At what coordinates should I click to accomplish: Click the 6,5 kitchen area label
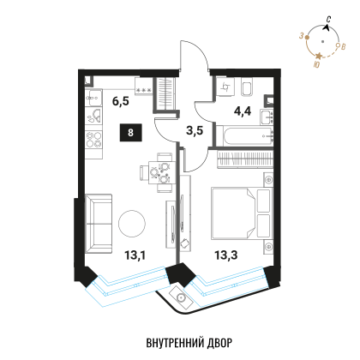click(x=121, y=101)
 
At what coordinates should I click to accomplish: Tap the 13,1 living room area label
click(x=135, y=255)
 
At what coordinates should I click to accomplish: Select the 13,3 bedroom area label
click(x=226, y=255)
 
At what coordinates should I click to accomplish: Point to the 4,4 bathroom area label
click(x=243, y=111)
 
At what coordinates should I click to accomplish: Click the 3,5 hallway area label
click(x=195, y=130)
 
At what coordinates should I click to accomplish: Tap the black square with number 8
click(x=131, y=133)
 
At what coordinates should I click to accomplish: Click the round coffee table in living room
click(x=132, y=223)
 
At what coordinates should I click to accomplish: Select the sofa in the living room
click(x=99, y=224)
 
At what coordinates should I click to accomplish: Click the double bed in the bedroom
click(x=242, y=213)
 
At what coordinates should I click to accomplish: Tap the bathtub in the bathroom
click(x=244, y=136)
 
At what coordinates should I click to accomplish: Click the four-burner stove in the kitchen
click(x=93, y=140)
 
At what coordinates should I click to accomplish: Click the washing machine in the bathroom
click(x=225, y=87)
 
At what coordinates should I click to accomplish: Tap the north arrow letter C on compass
click(x=329, y=20)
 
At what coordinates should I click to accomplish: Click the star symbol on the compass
click(x=319, y=56)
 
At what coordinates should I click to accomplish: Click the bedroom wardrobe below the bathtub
click(x=245, y=159)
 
